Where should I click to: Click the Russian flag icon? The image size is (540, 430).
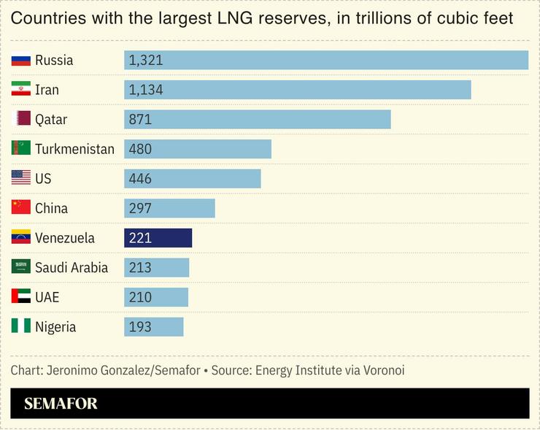coord(20,61)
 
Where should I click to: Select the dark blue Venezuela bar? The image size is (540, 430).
coord(158,238)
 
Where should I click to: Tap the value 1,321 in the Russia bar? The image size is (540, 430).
coord(145,61)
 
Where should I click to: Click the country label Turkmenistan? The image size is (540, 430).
coord(74,149)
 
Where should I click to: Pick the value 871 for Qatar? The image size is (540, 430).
coord(140,119)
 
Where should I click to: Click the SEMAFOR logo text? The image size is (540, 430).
coord(61,404)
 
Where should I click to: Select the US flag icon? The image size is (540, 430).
coord(20,178)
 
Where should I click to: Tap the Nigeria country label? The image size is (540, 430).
coord(55,327)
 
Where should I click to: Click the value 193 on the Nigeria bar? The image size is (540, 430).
coord(140,327)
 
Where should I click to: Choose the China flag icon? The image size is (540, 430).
coord(20,208)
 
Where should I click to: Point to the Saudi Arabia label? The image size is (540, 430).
coord(72,268)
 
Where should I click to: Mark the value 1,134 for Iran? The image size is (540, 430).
coord(145,90)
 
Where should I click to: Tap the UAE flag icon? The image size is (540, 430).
coord(20,297)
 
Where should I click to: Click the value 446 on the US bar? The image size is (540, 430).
coord(140,178)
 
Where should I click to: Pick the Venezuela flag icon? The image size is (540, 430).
coord(20,238)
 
